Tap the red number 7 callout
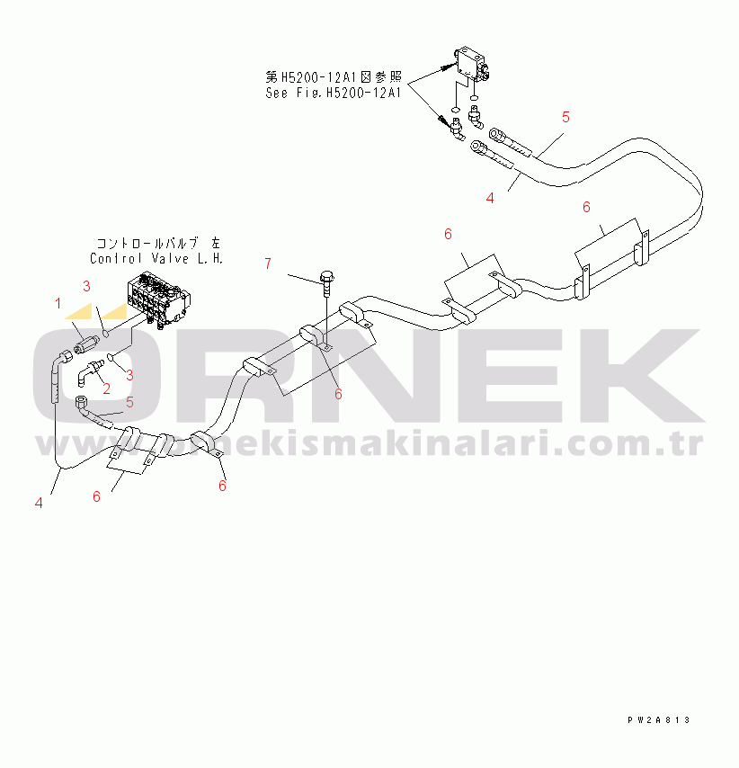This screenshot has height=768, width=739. click(x=267, y=263)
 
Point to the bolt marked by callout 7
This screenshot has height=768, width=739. click(x=325, y=280)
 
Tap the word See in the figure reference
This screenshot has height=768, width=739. click(x=276, y=92)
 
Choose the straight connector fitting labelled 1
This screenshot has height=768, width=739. click(x=85, y=341)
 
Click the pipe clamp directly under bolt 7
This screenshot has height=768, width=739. click(x=314, y=337)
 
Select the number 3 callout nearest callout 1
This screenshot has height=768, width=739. click(x=86, y=286)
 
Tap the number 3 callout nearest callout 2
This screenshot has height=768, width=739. click(x=129, y=373)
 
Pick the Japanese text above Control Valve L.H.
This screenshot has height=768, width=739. click(x=157, y=243)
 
